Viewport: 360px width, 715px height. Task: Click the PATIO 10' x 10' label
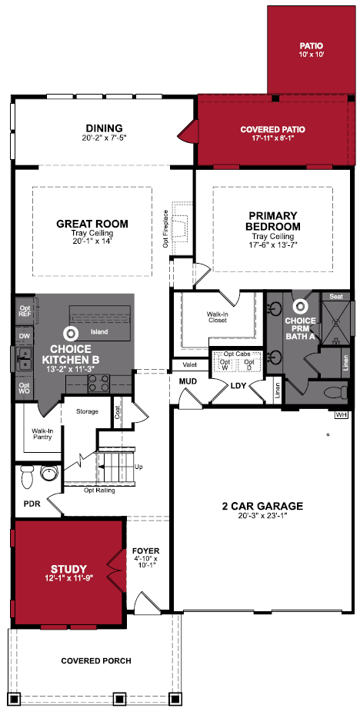click(x=312, y=50)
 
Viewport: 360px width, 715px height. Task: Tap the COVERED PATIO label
click(x=273, y=133)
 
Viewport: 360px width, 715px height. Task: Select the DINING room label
click(x=105, y=132)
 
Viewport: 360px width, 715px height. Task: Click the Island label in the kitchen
click(x=99, y=332)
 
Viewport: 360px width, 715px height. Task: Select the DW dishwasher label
click(x=24, y=336)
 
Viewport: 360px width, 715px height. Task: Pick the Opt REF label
click(x=24, y=311)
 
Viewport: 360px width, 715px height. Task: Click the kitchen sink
click(x=24, y=359)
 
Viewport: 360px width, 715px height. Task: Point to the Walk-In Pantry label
click(x=42, y=434)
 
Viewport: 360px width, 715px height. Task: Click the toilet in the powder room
click(x=26, y=476)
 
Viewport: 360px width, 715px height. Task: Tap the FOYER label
click(x=145, y=557)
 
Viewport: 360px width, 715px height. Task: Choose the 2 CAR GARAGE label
click(x=262, y=510)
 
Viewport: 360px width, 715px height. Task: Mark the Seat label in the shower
click(x=336, y=297)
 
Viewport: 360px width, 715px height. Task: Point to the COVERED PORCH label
click(x=96, y=660)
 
